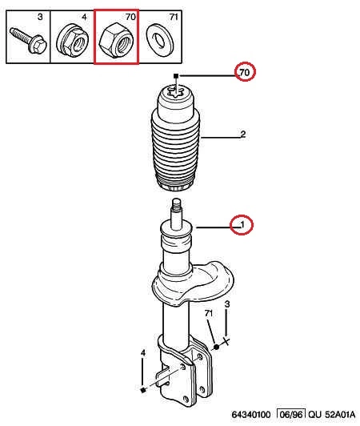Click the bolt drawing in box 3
click(x=28, y=40)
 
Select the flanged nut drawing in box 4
click(x=73, y=40)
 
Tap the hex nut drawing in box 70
click(x=116, y=40)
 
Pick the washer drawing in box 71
click(x=161, y=40)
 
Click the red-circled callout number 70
click(x=244, y=73)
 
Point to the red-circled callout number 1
click(x=242, y=225)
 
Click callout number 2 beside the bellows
click(x=243, y=134)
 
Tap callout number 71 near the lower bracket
click(x=209, y=313)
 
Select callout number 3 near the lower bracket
click(x=227, y=304)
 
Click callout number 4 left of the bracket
click(x=143, y=353)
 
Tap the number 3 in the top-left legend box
click(x=40, y=17)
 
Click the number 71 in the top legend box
click(x=174, y=17)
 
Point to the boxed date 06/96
click(x=291, y=415)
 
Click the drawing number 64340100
click(x=251, y=415)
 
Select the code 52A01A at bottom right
click(x=340, y=415)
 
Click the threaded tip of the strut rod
click(x=176, y=204)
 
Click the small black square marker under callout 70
click(x=176, y=76)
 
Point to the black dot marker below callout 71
click(x=216, y=347)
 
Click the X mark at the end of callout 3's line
click(x=226, y=340)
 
